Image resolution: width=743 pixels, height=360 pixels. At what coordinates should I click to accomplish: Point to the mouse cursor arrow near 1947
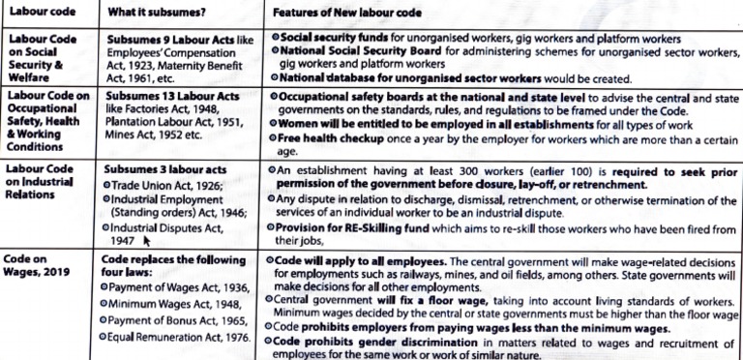[147, 244]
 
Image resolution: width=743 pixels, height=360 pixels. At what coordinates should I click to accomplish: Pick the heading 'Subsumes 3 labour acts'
[159, 168]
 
